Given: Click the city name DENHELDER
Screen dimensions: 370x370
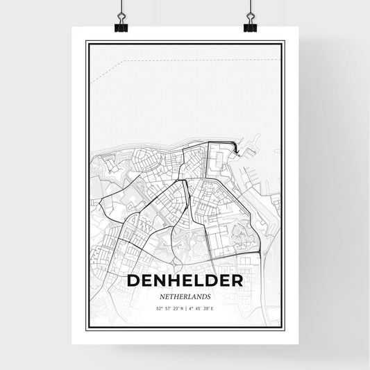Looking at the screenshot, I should [x=185, y=280].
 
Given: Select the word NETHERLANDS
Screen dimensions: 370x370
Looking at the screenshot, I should [x=185, y=296].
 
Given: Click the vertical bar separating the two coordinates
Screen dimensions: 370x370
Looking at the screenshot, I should [x=185, y=308].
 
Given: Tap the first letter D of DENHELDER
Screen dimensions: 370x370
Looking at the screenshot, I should [x=133, y=280].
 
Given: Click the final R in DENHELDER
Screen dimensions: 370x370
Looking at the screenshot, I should [x=236, y=280].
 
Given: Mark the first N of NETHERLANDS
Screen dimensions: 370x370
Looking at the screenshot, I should [x=160, y=296].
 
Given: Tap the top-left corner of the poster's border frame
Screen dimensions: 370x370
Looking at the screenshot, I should [x=87, y=42].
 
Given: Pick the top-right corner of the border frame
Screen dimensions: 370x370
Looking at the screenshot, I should [x=283, y=42].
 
